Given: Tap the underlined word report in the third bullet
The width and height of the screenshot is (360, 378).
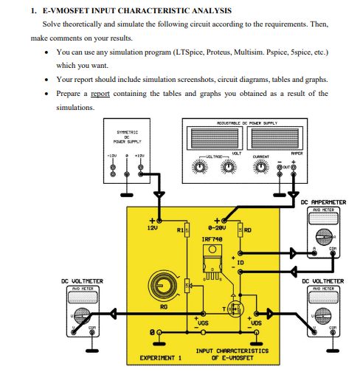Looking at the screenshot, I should [x=100, y=94].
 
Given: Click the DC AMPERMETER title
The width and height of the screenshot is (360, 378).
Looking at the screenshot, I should [x=322, y=202].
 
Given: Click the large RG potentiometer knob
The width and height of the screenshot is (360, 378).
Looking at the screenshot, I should [x=162, y=283].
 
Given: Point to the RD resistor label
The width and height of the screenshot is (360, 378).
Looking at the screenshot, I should [x=248, y=230].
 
